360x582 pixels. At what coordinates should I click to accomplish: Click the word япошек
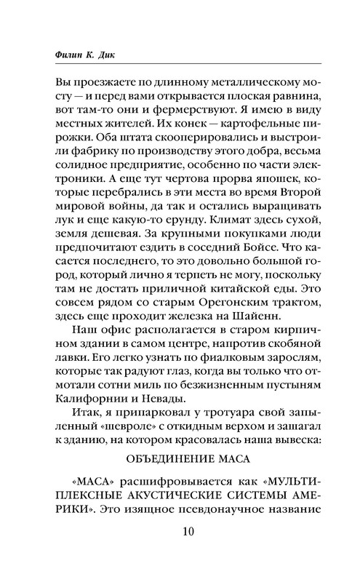(254, 198)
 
